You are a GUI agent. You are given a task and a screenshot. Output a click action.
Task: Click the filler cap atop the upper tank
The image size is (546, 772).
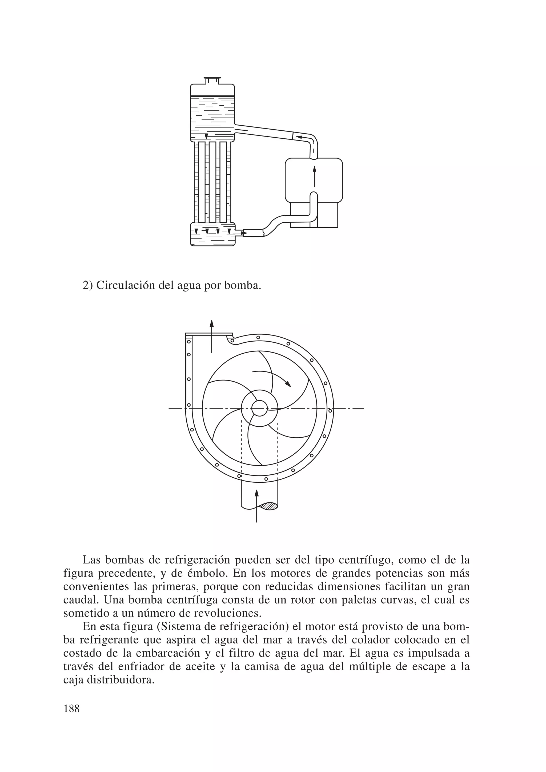(x=212, y=80)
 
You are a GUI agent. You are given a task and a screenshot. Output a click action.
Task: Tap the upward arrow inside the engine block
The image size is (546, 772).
(x=315, y=176)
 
